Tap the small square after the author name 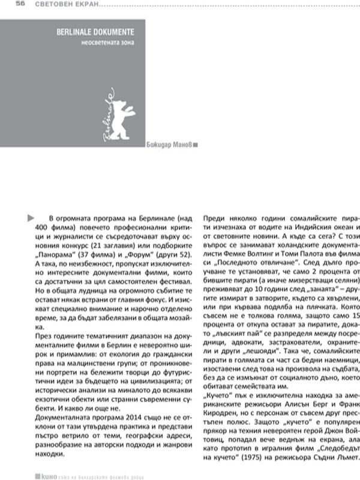[x=196, y=145]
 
